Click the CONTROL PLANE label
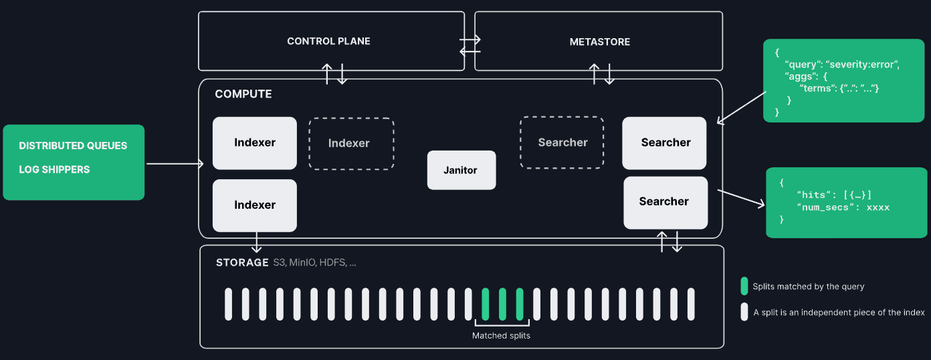pyautogui.click(x=328, y=41)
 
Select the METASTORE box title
pyautogui.click(x=599, y=41)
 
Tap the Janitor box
pyautogui.click(x=461, y=170)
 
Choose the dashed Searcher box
pyautogui.click(x=562, y=143)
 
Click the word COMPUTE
pyautogui.click(x=243, y=94)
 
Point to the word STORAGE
pyautogui.click(x=242, y=262)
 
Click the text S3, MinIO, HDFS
pyautogui.click(x=314, y=262)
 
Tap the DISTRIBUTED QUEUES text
pyautogui.click(x=73, y=146)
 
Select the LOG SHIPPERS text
pyautogui.click(x=54, y=170)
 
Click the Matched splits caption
pyautogui.click(x=501, y=335)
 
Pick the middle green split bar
pyautogui.click(x=502, y=304)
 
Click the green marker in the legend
pyautogui.click(x=744, y=286)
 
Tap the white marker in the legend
pyautogui.click(x=744, y=312)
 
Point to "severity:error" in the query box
pyautogui.click(x=863, y=64)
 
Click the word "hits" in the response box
pyautogui.click(x=817, y=195)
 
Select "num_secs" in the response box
pyautogui.click(x=823, y=207)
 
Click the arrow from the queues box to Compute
pyautogui.click(x=175, y=163)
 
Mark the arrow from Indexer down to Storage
pyautogui.click(x=255, y=242)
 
